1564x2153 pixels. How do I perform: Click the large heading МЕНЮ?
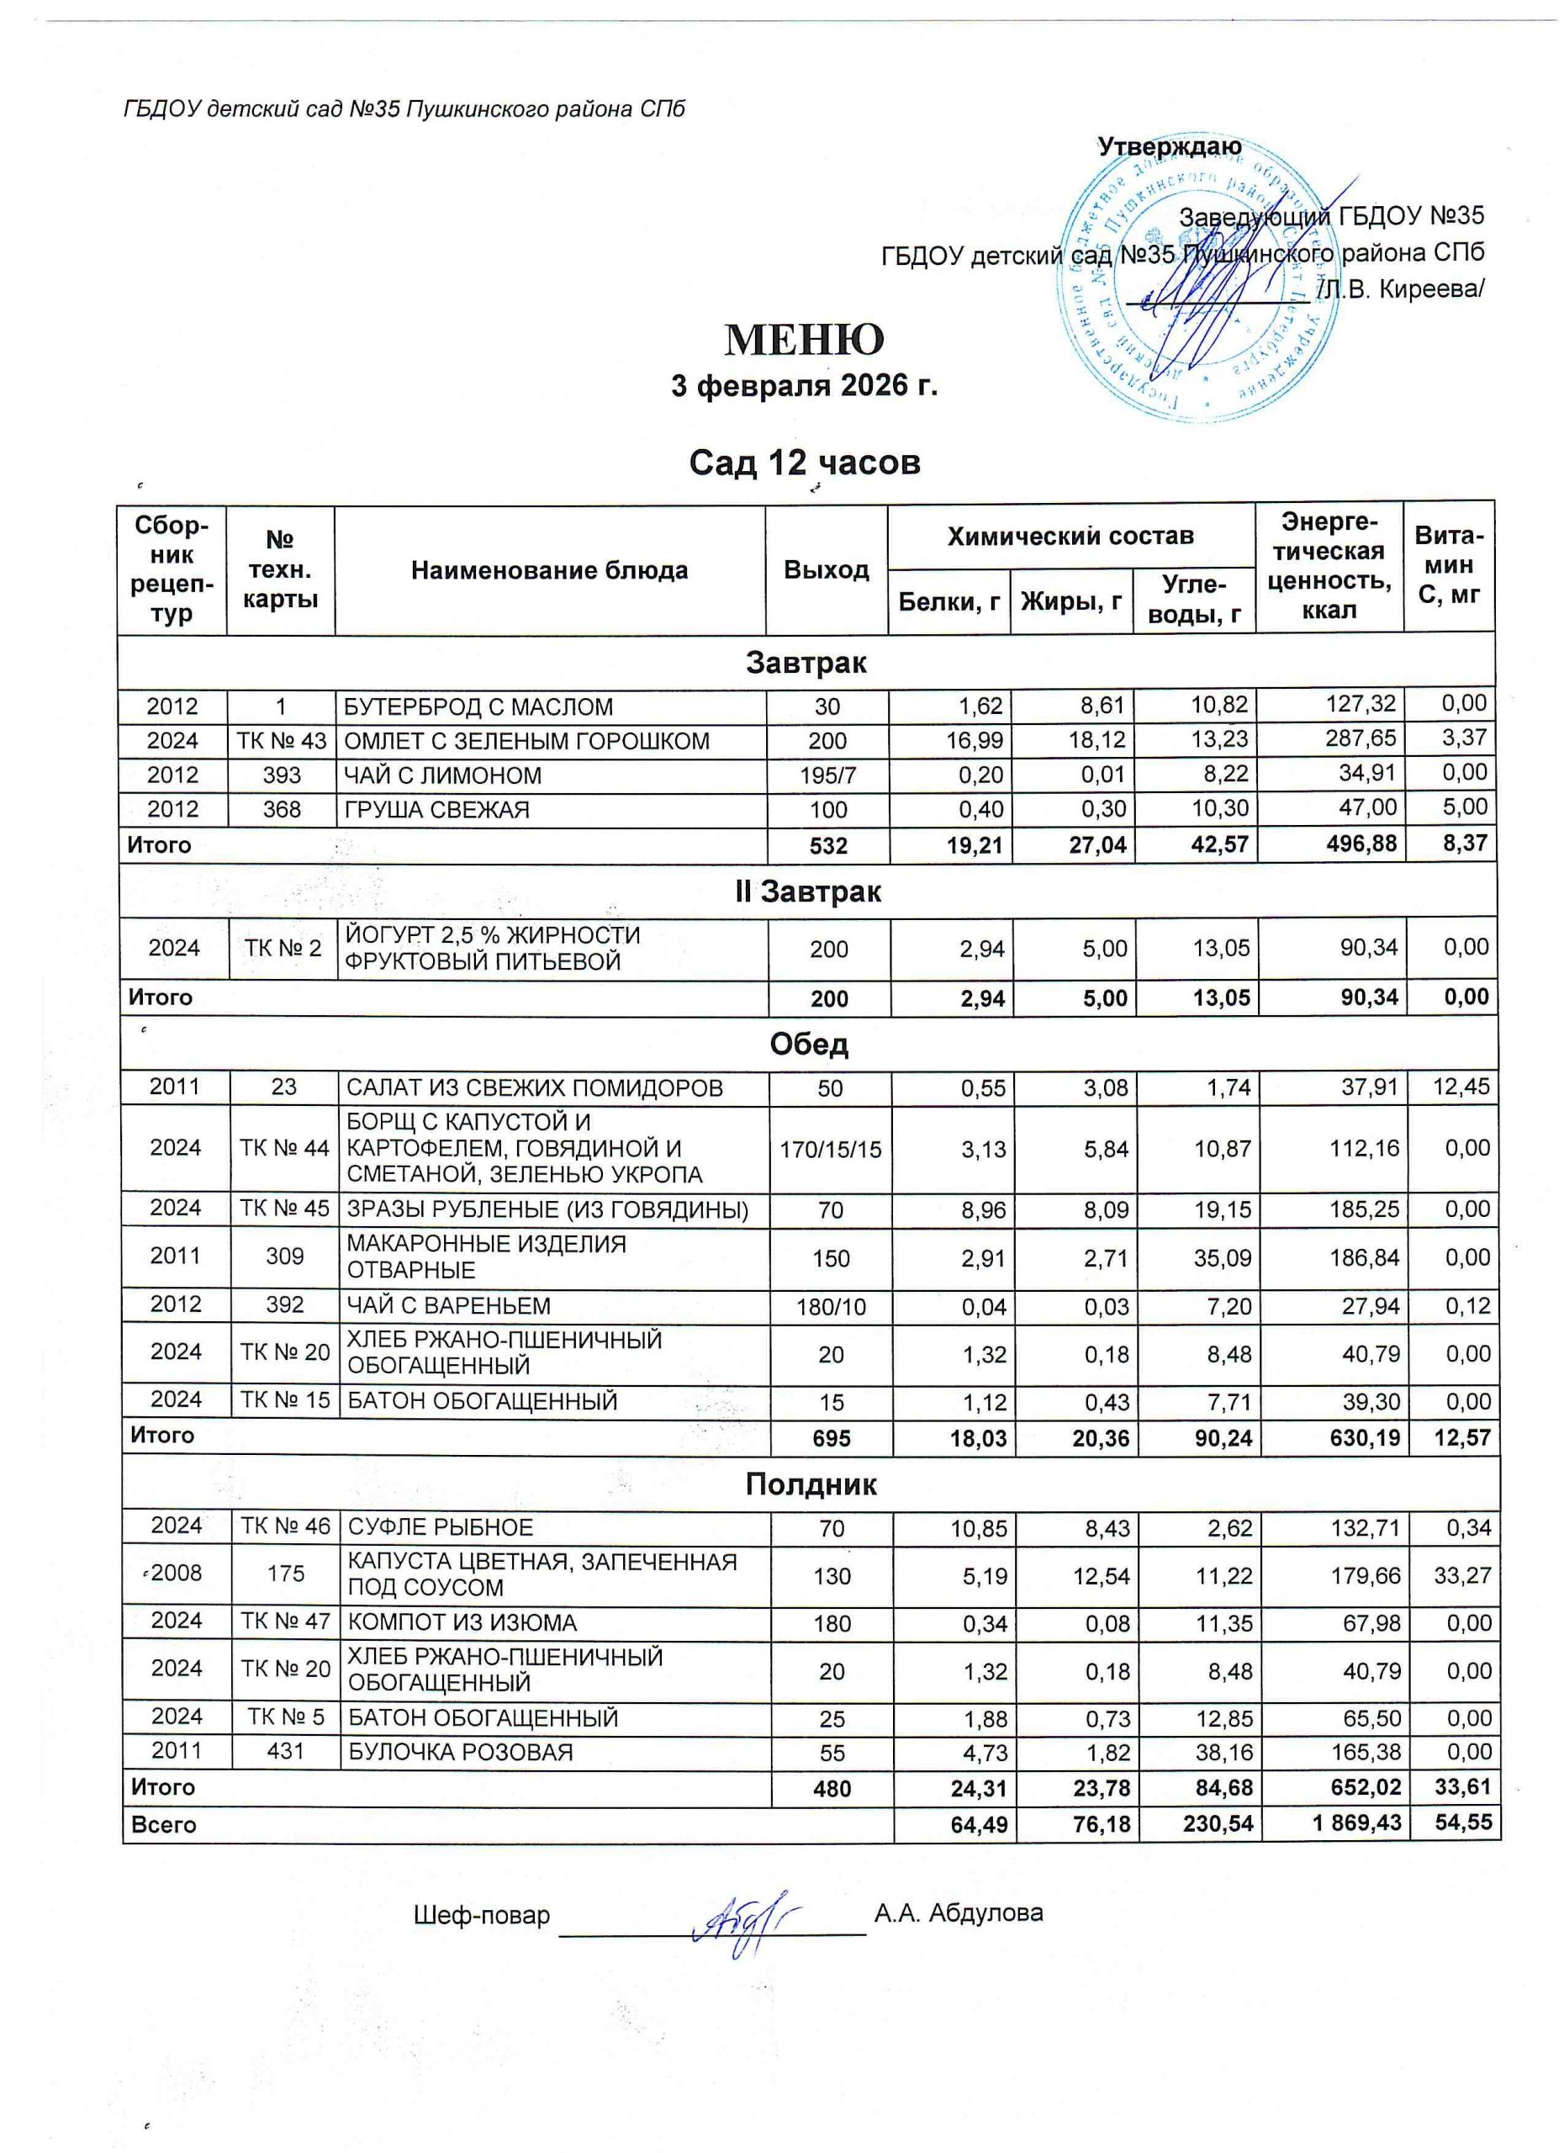804,339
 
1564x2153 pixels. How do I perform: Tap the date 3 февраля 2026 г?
804,386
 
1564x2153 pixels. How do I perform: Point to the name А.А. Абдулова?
958,1912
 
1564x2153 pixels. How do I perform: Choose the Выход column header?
826,569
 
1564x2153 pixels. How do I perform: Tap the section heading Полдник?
811,1484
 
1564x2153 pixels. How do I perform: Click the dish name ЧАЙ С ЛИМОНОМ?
442,775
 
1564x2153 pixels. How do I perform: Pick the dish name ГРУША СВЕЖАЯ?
436,810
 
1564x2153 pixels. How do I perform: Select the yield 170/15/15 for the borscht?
831,1150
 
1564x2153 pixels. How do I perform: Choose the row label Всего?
163,1824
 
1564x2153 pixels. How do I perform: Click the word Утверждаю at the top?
1168,147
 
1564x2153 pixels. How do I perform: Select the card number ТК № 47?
285,1621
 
